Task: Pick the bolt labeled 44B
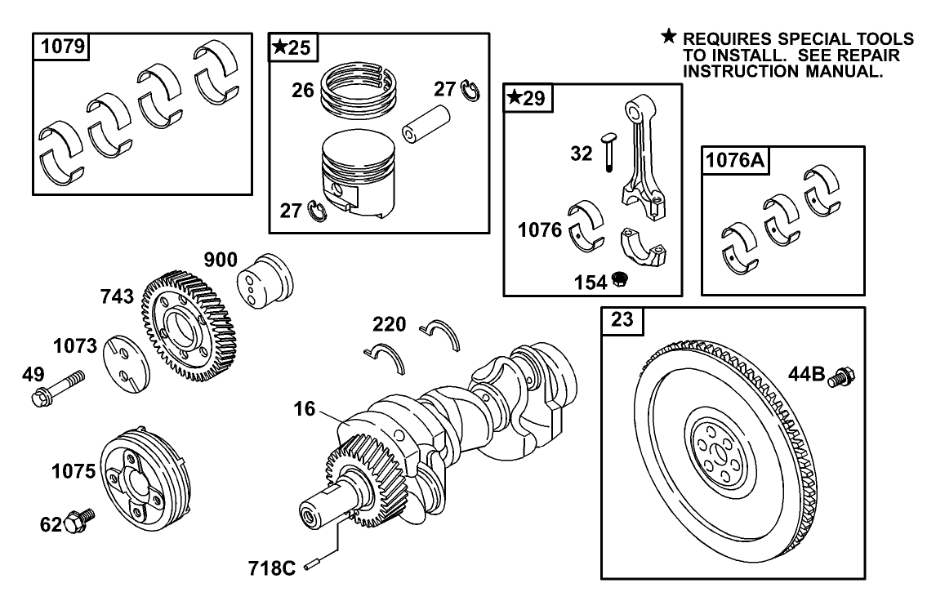(840, 377)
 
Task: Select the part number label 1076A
(734, 162)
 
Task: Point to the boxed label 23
(623, 322)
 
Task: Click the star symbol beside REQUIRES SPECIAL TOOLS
(669, 37)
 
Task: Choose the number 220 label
(389, 324)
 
